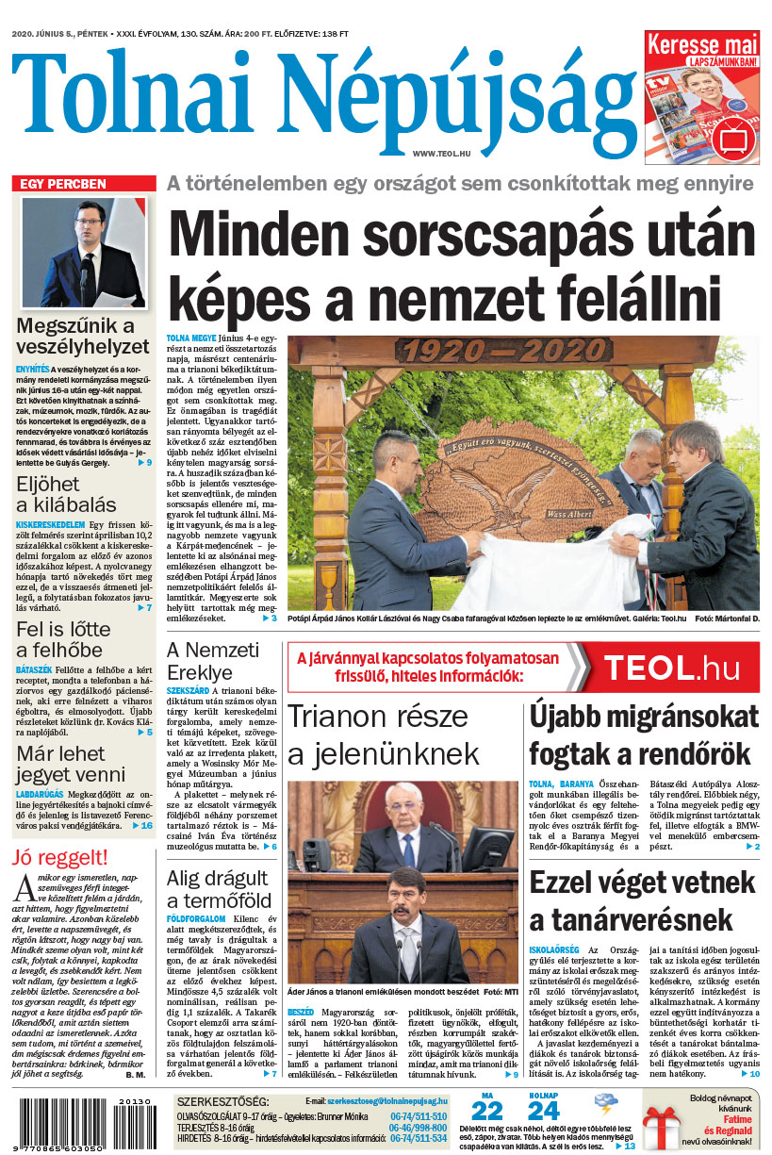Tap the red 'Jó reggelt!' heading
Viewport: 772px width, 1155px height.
[60, 857]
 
